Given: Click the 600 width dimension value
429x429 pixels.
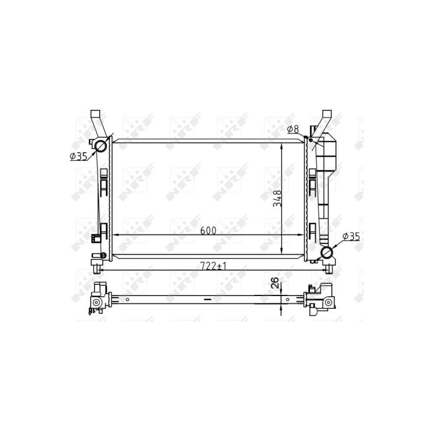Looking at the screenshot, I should click(208, 231).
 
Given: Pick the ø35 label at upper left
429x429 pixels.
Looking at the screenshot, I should click(78, 157).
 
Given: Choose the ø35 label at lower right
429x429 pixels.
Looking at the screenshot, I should click(350, 236).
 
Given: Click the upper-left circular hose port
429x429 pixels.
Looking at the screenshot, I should click(101, 145).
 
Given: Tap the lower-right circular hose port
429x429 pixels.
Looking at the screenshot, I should click(327, 253).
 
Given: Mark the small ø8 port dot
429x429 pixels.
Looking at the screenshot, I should click(310, 139).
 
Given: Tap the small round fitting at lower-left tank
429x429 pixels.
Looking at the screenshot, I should click(97, 255).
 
